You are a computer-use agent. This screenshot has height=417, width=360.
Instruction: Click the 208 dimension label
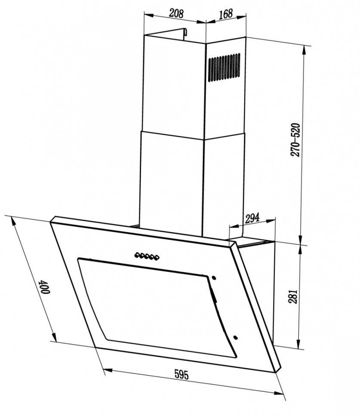pos(177,13)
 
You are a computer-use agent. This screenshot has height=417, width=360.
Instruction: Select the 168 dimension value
pos(226,14)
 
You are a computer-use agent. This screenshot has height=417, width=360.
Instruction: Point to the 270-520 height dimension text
pos(295,140)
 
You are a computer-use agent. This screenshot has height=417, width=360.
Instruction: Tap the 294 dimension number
pos(252,218)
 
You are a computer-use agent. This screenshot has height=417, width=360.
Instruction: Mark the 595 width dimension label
pos(182,374)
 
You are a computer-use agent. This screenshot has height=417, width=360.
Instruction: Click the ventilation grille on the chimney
pos(224,67)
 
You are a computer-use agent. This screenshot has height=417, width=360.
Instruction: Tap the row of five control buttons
pos(147,256)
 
